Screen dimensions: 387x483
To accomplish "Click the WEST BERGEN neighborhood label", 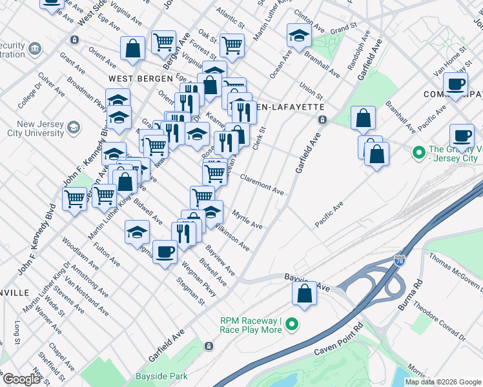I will pos(134,78).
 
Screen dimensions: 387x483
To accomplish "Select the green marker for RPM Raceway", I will pos(292,324).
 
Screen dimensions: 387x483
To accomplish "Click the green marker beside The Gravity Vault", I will pos(418,153).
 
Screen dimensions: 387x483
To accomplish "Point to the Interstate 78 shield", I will pos(400,261).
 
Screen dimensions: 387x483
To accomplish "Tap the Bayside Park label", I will pos(161,376).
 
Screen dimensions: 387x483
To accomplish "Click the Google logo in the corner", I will pos(21,379).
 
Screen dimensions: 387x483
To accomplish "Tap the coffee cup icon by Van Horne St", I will pos(456,84).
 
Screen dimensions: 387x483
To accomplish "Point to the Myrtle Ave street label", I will pos(247,221).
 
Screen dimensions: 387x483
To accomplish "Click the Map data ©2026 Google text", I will pos(443,382).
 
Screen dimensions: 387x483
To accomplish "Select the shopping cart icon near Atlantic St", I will pos(232,45).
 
